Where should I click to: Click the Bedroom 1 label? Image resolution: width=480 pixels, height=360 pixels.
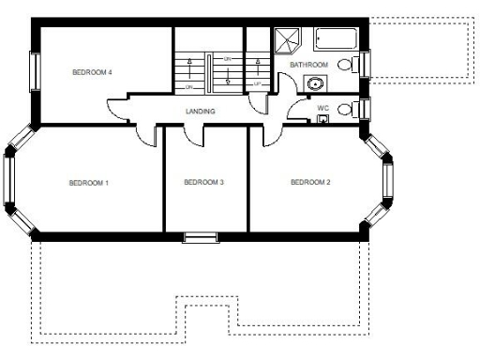coord(89,182)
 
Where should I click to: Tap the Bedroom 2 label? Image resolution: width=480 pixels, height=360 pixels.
coord(310,182)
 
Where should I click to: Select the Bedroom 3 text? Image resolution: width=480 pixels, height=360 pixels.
coord(203,182)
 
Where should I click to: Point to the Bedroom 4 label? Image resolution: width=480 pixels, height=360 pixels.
coord(93,72)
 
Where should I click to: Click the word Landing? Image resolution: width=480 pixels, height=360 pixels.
coord(201,112)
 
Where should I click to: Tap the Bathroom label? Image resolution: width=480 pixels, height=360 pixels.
coord(308,65)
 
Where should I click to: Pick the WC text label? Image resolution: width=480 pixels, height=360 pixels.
coord(322,108)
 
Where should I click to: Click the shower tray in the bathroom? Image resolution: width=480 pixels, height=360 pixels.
coord(286,40)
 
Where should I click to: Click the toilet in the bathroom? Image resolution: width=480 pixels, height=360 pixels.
coord(348,65)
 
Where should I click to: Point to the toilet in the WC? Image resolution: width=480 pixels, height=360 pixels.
coord(346,109)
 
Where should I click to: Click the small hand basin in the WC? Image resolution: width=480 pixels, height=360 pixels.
coord(322,119)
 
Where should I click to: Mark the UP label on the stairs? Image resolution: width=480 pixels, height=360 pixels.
coord(258,84)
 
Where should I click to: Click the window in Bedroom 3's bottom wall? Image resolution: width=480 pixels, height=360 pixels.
coord(200,236)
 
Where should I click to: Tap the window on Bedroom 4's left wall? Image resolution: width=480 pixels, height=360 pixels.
coord(35,71)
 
